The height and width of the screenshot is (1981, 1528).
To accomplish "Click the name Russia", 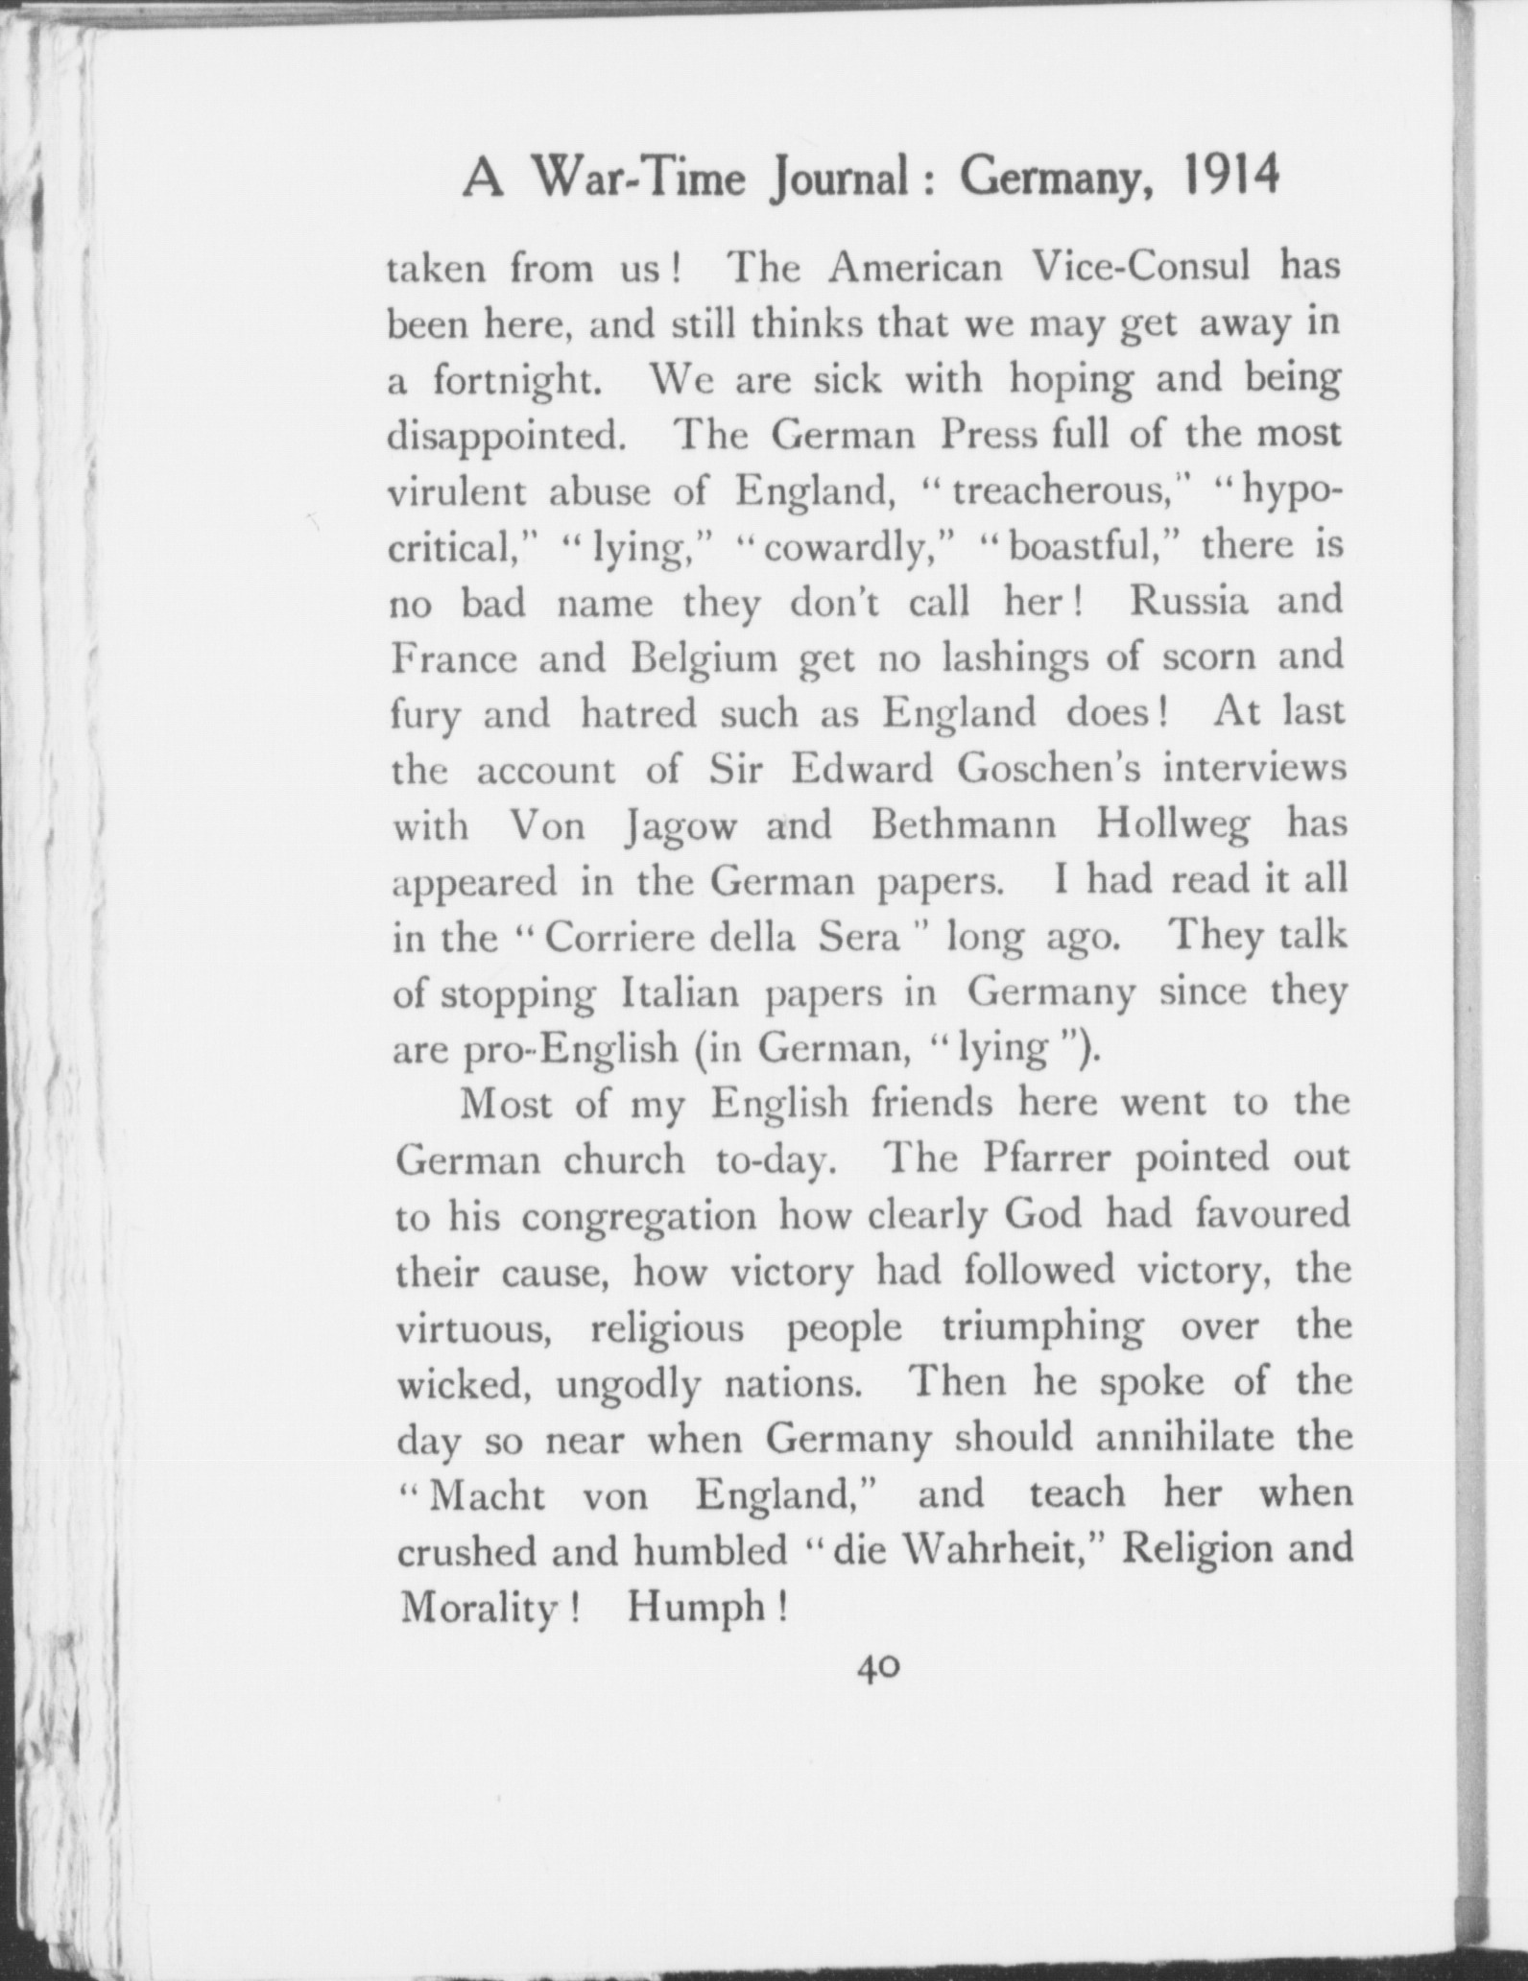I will pos(1188,602).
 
